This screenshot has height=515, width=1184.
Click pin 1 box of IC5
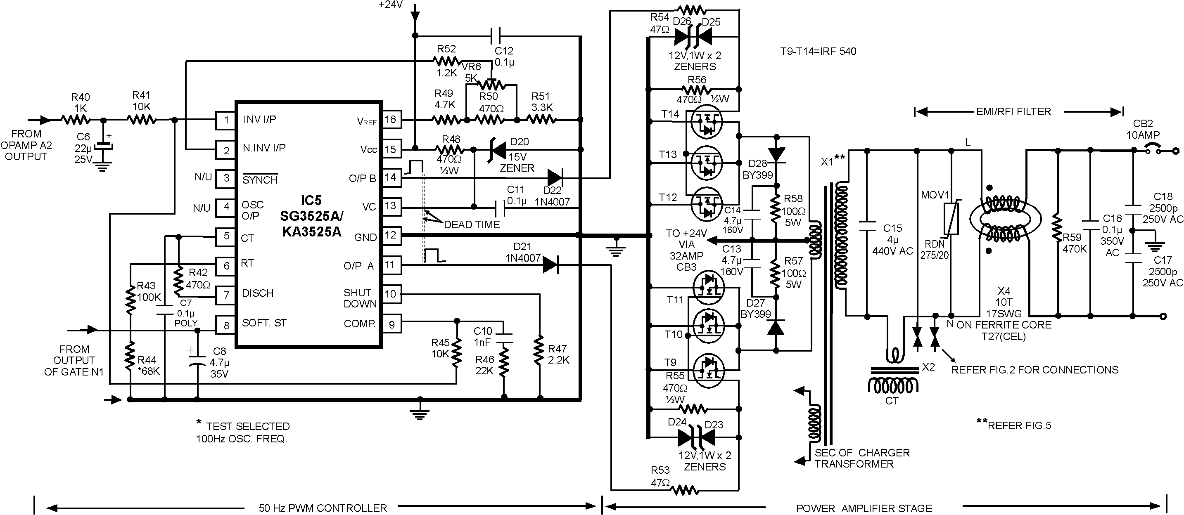[x=225, y=120]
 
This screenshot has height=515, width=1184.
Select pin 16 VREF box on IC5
[x=391, y=120]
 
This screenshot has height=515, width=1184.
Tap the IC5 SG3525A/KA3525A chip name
[x=312, y=216]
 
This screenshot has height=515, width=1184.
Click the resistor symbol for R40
[x=76, y=120]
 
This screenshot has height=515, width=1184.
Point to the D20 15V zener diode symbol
[x=496, y=149]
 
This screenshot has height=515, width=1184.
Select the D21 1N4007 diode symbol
[x=550, y=265]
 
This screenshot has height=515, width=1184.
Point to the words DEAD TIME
[x=472, y=224]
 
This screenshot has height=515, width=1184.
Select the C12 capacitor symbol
[x=496, y=35]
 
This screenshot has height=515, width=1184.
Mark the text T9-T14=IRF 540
[x=818, y=52]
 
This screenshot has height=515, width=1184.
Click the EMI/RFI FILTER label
[x=1013, y=112]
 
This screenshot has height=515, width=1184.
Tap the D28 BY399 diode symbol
[x=777, y=154]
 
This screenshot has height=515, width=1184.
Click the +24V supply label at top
[x=390, y=5]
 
